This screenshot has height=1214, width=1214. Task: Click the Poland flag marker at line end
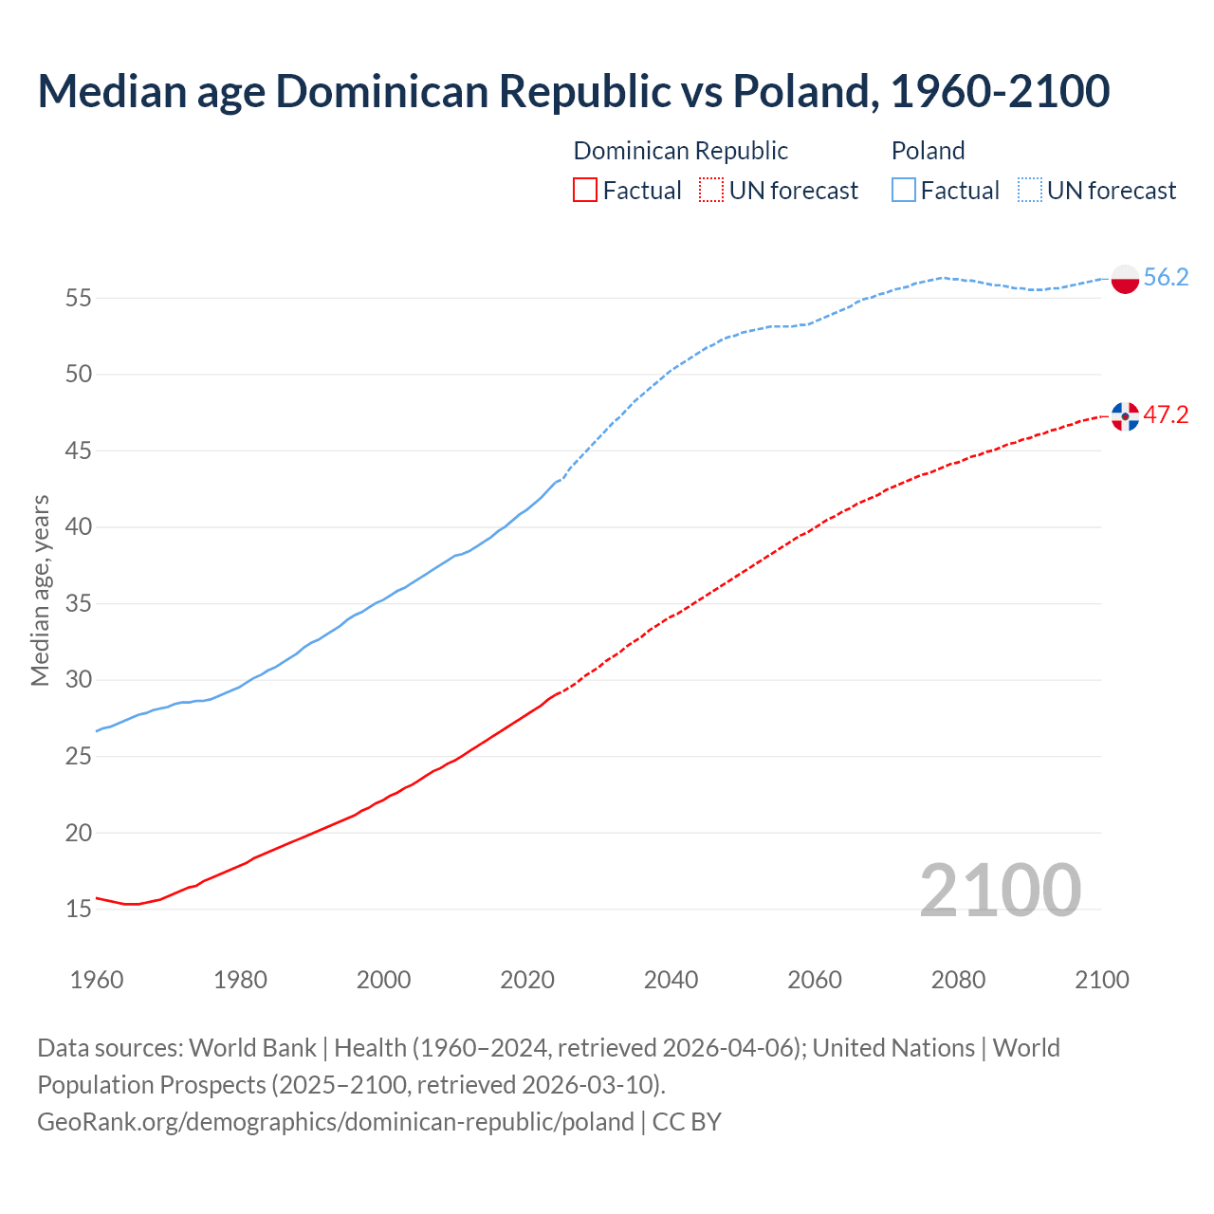coord(1125,279)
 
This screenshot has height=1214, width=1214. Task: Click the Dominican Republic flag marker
coord(1125,415)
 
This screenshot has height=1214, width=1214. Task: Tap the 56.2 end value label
coord(1166,277)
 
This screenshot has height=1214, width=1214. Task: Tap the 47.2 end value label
coord(1166,414)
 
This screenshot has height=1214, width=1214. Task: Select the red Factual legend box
coord(585,191)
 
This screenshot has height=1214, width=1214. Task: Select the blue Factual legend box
coord(903,191)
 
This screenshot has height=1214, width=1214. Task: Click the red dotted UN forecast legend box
coord(710,191)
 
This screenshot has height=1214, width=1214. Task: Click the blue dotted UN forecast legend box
coord(1029,191)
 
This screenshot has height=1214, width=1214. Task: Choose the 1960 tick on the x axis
coord(97,980)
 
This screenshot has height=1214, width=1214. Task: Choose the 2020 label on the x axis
coord(527,980)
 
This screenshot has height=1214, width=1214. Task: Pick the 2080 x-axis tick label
coord(958,980)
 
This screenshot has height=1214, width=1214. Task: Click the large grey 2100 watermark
coord(1000,890)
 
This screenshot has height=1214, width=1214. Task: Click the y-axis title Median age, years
coord(40,590)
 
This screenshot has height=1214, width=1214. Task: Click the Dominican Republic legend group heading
coord(680,151)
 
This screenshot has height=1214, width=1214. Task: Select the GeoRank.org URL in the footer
coord(335,1121)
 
